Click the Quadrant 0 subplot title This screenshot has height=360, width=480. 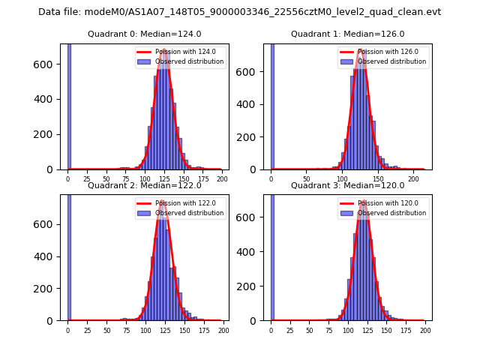click(144, 34)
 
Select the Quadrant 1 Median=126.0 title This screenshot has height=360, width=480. click(347, 34)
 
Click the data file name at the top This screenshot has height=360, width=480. click(239, 12)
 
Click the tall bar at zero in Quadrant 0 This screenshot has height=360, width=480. click(69, 105)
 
